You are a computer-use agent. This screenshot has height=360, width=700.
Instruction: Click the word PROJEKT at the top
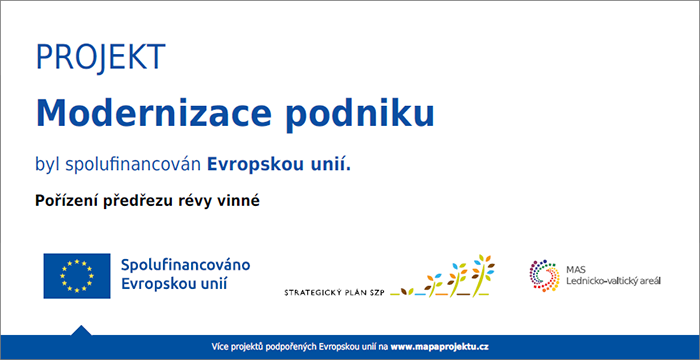coord(99,58)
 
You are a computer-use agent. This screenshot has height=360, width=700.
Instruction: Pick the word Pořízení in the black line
coord(69,200)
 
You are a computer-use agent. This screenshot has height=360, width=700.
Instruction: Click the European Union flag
coord(76,275)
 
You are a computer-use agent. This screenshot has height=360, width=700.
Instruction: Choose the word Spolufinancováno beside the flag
coord(185,265)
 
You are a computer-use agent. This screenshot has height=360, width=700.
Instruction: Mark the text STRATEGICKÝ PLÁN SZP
coord(335,292)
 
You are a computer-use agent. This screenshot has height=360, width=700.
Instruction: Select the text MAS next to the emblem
coord(577,267)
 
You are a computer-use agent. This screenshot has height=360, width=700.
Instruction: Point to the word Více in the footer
coord(221,346)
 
